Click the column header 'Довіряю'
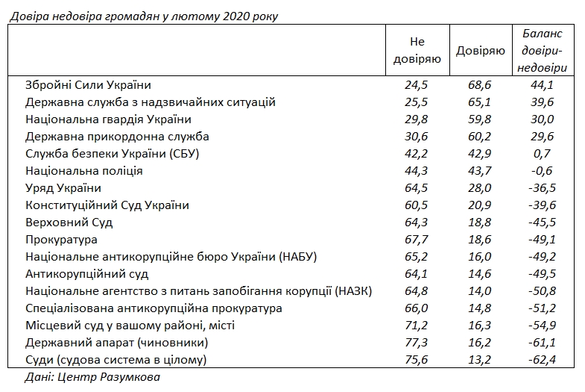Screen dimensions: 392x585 click(479, 51)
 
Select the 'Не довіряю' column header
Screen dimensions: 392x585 click(417, 51)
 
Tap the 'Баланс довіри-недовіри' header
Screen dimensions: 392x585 click(543, 51)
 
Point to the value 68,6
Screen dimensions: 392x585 click(479, 84)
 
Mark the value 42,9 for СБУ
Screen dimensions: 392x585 click(479, 153)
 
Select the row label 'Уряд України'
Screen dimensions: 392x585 click(63, 187)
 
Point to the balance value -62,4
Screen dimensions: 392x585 click(543, 359)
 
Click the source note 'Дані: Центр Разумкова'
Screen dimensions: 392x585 click(83, 377)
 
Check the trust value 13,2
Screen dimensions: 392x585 click(479, 359)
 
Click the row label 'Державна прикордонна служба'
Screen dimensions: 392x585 click(116, 136)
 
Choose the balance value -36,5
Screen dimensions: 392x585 click(543, 187)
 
